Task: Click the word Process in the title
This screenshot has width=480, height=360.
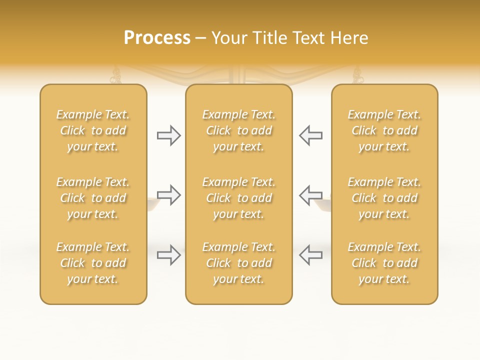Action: [157, 38]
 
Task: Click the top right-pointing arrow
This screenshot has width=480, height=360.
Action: [168, 135]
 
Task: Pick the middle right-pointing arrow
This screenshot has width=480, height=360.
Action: [168, 195]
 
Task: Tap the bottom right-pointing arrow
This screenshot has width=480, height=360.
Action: [168, 255]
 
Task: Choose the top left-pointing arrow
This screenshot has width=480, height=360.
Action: [311, 135]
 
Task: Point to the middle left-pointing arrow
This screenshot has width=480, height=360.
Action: [311, 195]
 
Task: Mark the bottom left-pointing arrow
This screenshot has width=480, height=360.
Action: [311, 255]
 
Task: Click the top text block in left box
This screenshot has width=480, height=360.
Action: [93, 130]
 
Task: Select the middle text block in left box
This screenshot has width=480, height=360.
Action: [93, 198]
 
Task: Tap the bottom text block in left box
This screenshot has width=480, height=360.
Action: [93, 263]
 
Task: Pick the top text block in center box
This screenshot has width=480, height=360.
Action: [239, 130]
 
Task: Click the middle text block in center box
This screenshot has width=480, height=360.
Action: [239, 198]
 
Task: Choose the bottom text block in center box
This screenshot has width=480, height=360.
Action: [239, 263]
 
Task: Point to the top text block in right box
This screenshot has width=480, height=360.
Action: [384, 130]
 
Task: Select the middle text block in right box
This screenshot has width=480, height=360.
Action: [384, 198]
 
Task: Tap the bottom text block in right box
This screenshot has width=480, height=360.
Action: [384, 263]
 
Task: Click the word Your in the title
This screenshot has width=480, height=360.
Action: [228, 38]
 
